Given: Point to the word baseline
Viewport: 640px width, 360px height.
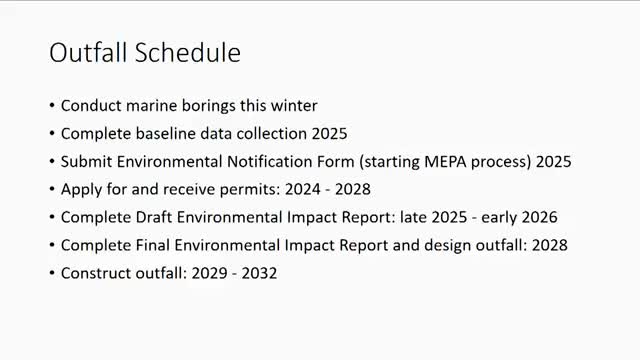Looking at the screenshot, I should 162,133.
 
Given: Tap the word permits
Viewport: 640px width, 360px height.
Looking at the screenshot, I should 225,188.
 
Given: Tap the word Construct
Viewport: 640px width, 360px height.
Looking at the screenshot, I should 95,272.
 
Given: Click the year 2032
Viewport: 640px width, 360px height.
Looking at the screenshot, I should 258,272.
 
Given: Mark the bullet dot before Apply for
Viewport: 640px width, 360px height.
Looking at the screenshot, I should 52,189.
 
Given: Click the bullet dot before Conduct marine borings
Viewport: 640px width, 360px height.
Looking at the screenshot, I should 52,106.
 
